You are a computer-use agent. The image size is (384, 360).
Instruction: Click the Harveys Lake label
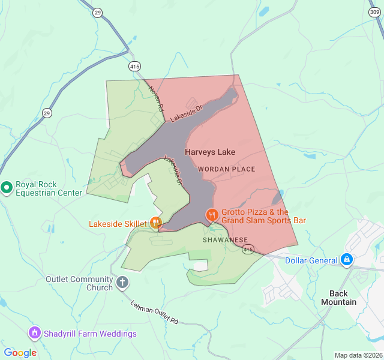tap(210, 152)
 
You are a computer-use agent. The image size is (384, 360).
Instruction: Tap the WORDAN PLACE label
tap(227, 169)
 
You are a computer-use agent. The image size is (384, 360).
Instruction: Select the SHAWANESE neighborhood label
tap(225, 239)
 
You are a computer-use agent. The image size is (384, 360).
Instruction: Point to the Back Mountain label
tap(343, 298)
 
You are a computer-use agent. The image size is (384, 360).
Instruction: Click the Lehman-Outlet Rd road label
tap(155, 313)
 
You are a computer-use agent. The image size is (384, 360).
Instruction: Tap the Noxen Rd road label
tap(157, 98)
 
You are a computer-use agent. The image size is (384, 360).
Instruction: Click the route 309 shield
tap(374, 11)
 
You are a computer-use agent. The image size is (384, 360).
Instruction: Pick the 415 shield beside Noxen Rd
tap(134, 66)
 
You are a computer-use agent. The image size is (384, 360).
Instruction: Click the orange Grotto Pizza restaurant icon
tap(211, 215)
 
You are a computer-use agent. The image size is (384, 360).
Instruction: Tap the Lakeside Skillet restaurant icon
tap(155, 223)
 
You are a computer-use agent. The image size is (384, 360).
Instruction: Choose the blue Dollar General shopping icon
tap(346, 260)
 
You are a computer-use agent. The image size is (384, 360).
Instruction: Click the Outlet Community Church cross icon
tap(122, 283)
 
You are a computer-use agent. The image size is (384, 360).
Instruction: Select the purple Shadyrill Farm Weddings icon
tap(34, 333)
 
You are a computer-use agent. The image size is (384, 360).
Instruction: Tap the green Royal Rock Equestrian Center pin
tap(7, 188)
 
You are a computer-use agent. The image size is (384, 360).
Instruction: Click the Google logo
tap(20, 353)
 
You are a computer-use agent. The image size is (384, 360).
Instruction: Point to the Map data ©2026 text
tap(358, 355)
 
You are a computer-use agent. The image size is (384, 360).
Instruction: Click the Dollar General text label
tap(311, 260)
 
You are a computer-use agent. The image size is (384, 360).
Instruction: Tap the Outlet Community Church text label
tap(79, 283)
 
